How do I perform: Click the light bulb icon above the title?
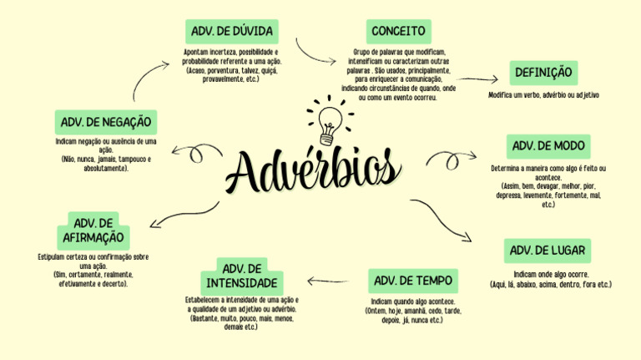click(x=326, y=122)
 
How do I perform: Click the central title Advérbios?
click(x=313, y=172)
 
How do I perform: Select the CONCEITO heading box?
click(x=399, y=32)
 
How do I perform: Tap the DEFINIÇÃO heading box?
click(x=543, y=73)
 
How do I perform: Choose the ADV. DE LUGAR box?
click(x=548, y=251)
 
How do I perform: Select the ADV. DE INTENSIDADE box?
click(x=242, y=276)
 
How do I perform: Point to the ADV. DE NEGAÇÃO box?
click(x=105, y=122)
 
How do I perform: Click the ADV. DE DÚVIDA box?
click(x=231, y=32)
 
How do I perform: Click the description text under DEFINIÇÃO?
click(x=543, y=95)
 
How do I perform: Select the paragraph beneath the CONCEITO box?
click(x=400, y=74)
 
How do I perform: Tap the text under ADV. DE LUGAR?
click(x=550, y=279)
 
